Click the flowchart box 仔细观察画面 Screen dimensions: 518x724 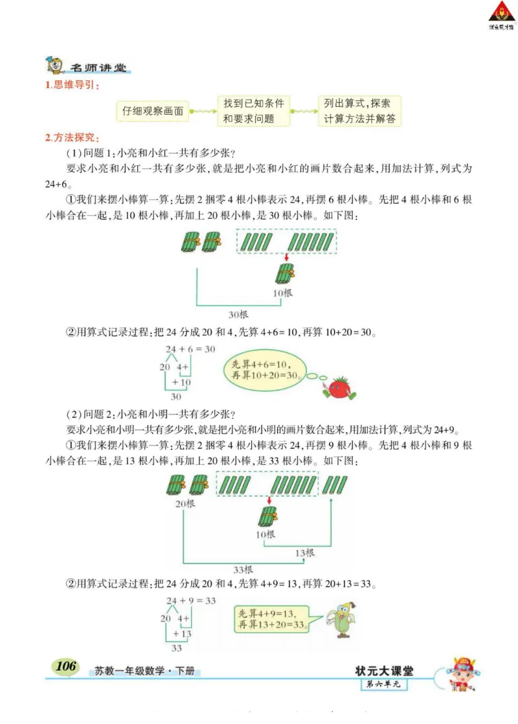pyautogui.click(x=153, y=111)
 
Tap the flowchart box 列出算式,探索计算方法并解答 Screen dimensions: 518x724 pyautogui.click(x=360, y=111)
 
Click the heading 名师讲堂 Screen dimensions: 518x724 pyautogui.click(x=97, y=68)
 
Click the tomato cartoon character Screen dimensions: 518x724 pyautogui.click(x=338, y=387)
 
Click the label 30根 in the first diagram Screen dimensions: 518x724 pyautogui.click(x=238, y=315)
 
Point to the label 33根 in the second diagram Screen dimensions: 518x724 pyautogui.click(x=243, y=570)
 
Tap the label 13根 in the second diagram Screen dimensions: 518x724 pyautogui.click(x=304, y=553)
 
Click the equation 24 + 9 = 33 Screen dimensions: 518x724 pyautogui.click(x=190, y=601)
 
